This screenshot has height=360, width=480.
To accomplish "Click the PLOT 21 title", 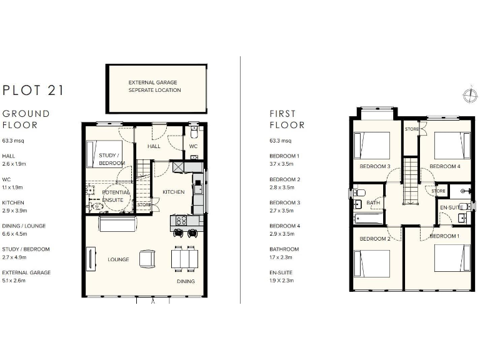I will (x=32, y=90).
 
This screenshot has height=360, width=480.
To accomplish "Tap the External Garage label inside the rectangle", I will (x=154, y=86).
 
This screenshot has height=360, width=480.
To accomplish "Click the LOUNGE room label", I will (x=118, y=259).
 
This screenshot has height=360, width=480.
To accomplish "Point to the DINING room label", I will (x=185, y=281).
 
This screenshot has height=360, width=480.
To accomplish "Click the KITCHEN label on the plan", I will (x=173, y=192).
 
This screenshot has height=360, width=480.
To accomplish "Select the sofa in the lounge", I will (x=116, y=223).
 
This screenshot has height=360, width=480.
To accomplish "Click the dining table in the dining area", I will (x=184, y=257).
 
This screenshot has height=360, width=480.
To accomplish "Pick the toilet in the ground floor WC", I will (x=194, y=133).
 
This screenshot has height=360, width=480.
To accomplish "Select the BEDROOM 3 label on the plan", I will (x=375, y=166).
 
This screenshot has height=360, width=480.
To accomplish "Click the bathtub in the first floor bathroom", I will (x=369, y=219).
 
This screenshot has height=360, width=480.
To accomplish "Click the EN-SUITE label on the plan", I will (x=451, y=207).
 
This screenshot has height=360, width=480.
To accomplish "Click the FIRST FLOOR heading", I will (x=287, y=119).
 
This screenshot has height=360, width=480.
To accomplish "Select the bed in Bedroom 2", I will (x=371, y=264).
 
